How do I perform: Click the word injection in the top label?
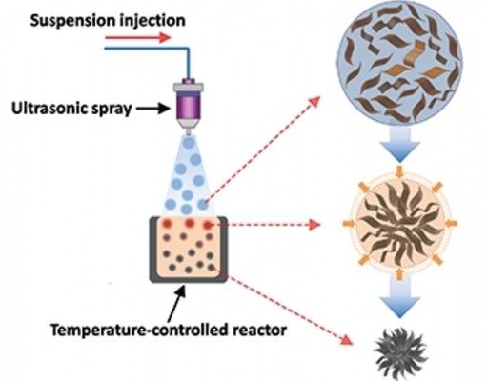click(x=150, y=21)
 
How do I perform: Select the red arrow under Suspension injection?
click(x=138, y=38)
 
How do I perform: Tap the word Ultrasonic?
click(x=47, y=109)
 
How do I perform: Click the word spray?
click(x=109, y=110)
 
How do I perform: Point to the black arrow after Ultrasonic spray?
click(x=152, y=109)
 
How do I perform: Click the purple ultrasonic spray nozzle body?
click(x=189, y=104)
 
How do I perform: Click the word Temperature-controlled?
click(x=139, y=331)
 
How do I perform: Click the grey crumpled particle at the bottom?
click(x=400, y=354)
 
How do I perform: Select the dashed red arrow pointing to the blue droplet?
click(x=262, y=150)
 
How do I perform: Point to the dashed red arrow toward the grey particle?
click(x=289, y=310)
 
